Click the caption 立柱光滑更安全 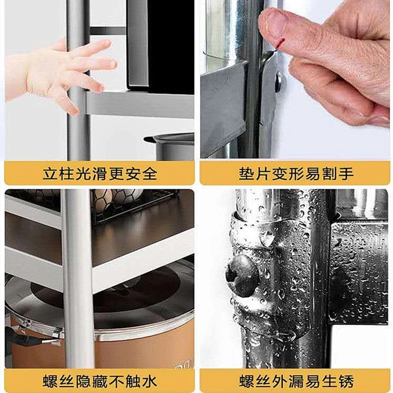pos(100,173)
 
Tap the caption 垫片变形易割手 pos(296,173)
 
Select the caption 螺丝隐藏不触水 pos(100,381)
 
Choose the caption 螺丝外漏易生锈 pos(296,381)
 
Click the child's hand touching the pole pos(60,73)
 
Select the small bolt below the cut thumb pos(278,82)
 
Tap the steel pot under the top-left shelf pos(170,146)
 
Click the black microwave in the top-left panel pos(161,45)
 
